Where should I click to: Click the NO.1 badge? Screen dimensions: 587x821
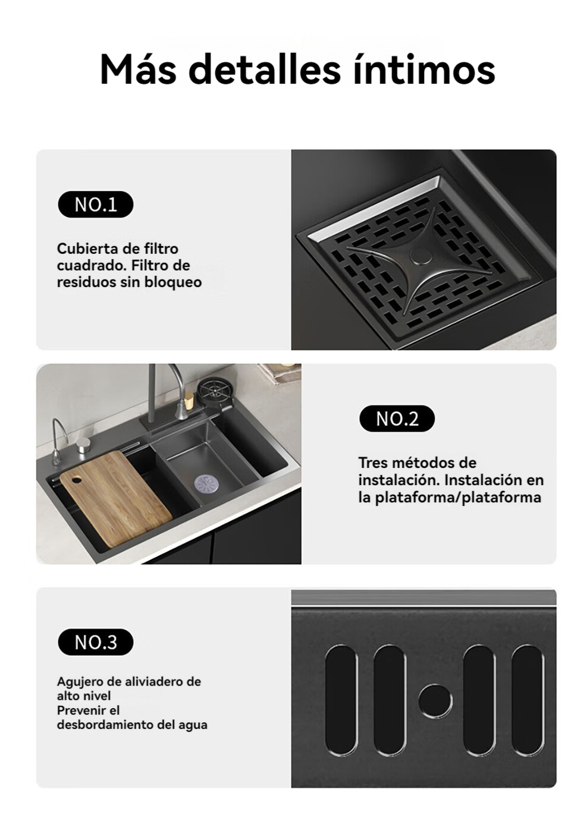coord(95,204)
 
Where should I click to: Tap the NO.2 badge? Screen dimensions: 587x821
coord(397,418)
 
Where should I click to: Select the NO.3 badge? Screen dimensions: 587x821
coord(95,642)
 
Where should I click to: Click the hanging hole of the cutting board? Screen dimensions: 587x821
coord(77,479)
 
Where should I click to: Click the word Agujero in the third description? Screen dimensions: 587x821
coord(80,682)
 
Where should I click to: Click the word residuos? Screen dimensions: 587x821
coord(86,282)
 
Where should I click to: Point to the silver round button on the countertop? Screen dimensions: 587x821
coord(83,446)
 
